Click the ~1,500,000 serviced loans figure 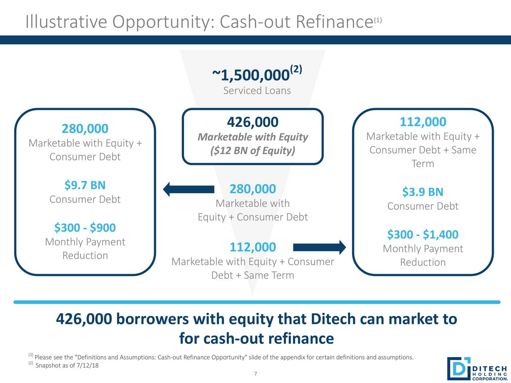252,74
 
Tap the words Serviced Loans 257,91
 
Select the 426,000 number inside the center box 252,122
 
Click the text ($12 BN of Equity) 252,151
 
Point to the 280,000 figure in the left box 85,129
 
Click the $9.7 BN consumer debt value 85,186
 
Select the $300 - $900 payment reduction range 85,228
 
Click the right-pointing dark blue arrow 319,247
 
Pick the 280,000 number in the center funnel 252,189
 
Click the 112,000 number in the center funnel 252,247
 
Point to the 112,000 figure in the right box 422,122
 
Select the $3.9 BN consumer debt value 422,192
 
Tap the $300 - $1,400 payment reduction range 422,235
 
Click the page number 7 255,374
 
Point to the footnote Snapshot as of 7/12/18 67,366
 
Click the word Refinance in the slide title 334,22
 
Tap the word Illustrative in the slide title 66,22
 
